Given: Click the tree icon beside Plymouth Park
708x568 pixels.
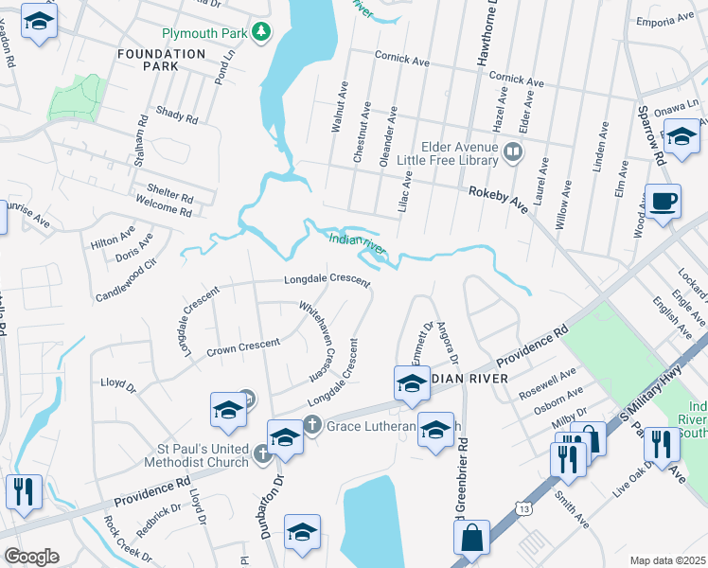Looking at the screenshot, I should click(262, 33).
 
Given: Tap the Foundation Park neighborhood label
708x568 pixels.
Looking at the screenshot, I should click(161, 61).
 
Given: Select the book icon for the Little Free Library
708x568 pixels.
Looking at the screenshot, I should click(512, 151).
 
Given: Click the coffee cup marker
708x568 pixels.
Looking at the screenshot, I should click(663, 203).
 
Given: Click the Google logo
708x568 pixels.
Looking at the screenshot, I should click(31, 557).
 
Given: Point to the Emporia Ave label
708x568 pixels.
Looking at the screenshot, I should click(665, 21).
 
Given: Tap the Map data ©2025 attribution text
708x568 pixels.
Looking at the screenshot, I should click(668, 560).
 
